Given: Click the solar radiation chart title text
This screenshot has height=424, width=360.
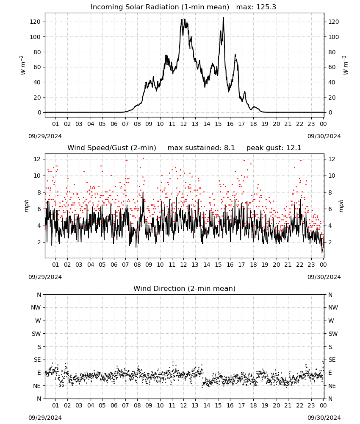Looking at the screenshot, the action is (x=160, y=7).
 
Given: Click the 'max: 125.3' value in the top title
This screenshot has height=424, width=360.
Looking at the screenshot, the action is (x=256, y=7).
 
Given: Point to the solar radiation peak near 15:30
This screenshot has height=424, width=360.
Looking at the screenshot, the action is (x=223, y=18).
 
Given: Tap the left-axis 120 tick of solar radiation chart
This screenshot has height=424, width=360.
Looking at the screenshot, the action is (x=35, y=22).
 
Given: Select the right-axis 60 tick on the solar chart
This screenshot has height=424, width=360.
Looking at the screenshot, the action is (x=332, y=67).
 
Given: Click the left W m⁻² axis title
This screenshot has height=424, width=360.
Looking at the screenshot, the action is (x=23, y=65).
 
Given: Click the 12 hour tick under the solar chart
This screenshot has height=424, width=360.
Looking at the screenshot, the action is (x=183, y=124).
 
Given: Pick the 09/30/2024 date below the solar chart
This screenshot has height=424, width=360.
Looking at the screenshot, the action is (x=324, y=136).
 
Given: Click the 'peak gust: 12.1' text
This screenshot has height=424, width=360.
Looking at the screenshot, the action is (x=274, y=148).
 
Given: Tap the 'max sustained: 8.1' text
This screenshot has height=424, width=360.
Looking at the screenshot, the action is (x=201, y=148).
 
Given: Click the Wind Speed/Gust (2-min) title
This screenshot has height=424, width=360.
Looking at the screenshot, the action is (x=111, y=148).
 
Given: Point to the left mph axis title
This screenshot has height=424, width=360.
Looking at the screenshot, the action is (x=26, y=206).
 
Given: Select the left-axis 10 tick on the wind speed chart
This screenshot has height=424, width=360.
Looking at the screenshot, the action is (x=37, y=176).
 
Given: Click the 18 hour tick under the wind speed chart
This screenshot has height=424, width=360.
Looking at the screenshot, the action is (x=253, y=265).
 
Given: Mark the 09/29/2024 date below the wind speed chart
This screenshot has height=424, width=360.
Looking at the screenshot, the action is (x=45, y=277).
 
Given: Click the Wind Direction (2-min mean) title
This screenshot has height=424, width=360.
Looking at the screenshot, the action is (x=185, y=288).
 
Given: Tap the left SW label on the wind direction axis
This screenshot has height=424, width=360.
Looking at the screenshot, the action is (x=36, y=334).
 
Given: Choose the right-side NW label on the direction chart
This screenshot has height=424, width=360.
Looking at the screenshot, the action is (x=333, y=307).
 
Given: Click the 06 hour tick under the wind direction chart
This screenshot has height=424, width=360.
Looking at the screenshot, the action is (x=114, y=405).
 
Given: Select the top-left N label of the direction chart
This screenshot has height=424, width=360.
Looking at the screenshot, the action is (x=39, y=295).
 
